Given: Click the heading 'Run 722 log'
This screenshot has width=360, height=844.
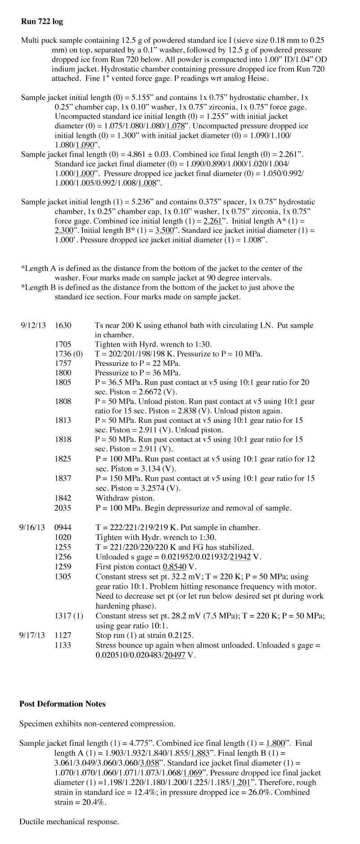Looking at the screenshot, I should coord(42,21).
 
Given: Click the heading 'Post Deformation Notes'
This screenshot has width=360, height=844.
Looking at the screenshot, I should coord(62,704).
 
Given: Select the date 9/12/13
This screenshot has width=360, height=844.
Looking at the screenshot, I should coord(33,326).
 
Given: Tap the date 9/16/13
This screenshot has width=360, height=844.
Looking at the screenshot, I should coord(32,527).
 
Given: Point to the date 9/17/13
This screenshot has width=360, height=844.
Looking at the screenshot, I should coord(32,635).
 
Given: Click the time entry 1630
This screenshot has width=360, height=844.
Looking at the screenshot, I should coord(63,326).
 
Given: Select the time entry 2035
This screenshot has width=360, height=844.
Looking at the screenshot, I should coord(63,508).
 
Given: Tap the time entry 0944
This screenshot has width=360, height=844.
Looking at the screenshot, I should coord(63,527).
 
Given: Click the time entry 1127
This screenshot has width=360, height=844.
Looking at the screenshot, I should coord(63,635).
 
